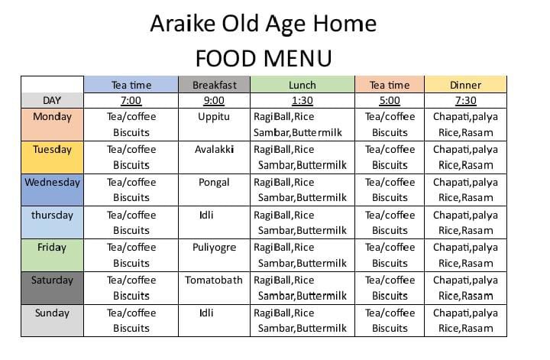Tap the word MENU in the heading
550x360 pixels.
pyautogui.click(x=297, y=58)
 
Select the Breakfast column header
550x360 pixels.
pyautogui.click(x=215, y=85)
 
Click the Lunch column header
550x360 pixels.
pyautogui.click(x=302, y=85)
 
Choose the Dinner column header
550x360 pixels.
pyautogui.click(x=465, y=85)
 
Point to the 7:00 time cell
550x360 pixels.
pyautogui.click(x=131, y=100)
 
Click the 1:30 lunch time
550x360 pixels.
pyautogui.click(x=302, y=100)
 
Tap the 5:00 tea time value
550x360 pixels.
pyautogui.click(x=390, y=100)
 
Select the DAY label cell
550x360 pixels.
pyautogui.click(x=52, y=100)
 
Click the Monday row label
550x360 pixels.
pyautogui.click(x=52, y=116)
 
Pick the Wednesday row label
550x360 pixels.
pyautogui.click(x=52, y=183)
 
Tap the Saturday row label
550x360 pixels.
pyautogui.click(x=52, y=280)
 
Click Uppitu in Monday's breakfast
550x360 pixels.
pyautogui.click(x=214, y=117)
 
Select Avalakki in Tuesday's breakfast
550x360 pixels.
pyautogui.click(x=214, y=150)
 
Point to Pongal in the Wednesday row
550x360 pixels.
pyautogui.click(x=214, y=183)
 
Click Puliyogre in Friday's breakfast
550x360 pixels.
pyautogui.click(x=214, y=248)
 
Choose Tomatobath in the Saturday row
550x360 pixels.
pyautogui.click(x=214, y=280)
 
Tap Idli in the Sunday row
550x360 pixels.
pyautogui.click(x=206, y=313)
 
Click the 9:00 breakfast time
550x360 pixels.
pyautogui.click(x=214, y=100)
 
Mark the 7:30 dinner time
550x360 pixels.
pyautogui.click(x=465, y=100)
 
